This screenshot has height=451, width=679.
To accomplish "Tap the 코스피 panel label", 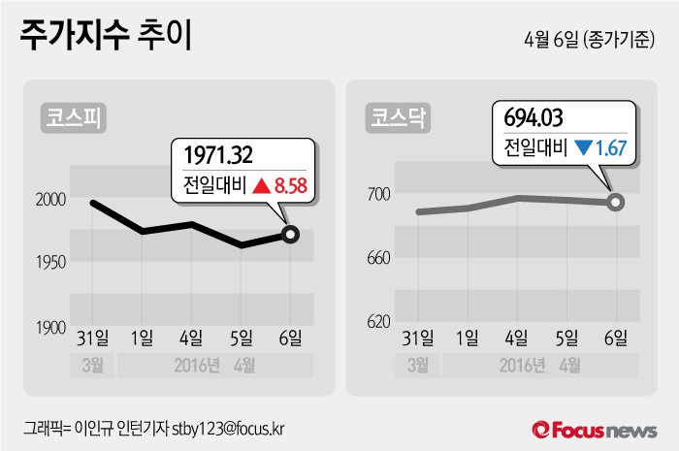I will (74, 118).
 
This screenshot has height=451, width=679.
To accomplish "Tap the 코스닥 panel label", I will (400, 118).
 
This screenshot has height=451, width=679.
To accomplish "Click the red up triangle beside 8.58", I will (261, 185).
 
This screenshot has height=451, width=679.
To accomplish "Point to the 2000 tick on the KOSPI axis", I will (50, 199).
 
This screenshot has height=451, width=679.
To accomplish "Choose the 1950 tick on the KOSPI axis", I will (50, 263).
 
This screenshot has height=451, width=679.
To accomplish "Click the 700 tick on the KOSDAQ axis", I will (378, 194).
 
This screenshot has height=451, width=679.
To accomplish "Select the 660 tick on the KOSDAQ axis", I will (378, 258).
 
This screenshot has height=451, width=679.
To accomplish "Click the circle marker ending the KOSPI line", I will (290, 234).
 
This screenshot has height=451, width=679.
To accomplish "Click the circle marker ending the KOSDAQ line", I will (615, 202).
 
